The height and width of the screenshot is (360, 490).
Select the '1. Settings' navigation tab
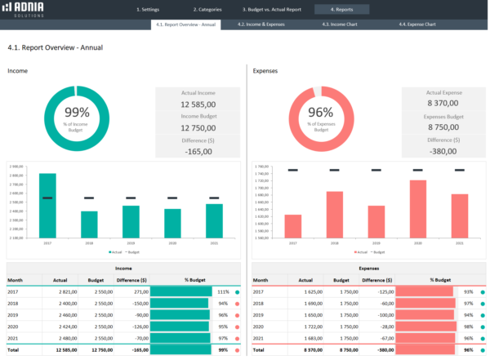coord(149,10)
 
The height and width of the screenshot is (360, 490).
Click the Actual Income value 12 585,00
coord(198,104)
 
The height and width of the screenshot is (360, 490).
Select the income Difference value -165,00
coord(198,151)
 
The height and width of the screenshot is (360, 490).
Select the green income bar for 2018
coord(89,224)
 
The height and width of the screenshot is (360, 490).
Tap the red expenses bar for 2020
coord(417,208)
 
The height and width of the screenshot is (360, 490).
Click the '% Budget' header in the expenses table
coord(441,279)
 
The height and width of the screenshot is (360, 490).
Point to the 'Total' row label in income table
coord(15,349)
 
